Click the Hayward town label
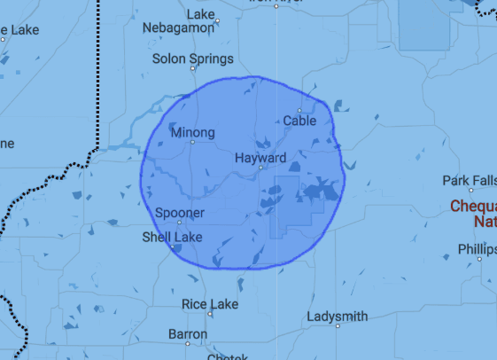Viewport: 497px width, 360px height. pyautogui.click(x=260, y=158)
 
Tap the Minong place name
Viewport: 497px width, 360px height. pyautogui.click(x=192, y=133)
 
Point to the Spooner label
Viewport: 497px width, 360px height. pyautogui.click(x=180, y=213)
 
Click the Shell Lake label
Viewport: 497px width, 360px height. pyautogui.click(x=172, y=237)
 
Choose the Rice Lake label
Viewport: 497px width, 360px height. pyautogui.click(x=209, y=303)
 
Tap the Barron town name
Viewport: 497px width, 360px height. pyautogui.click(x=188, y=334)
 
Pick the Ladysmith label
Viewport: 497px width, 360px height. pyautogui.click(x=337, y=316)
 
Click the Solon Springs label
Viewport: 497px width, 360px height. pyautogui.click(x=193, y=59)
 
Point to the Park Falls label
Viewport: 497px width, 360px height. pyautogui.click(x=470, y=181)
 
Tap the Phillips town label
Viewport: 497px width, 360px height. pyautogui.click(x=477, y=247)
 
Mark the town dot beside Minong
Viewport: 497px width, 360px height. pyautogui.click(x=192, y=142)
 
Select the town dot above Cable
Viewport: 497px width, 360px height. pyautogui.click(x=299, y=111)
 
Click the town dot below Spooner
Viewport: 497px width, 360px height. pyautogui.click(x=180, y=222)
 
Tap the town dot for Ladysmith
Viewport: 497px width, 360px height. pyautogui.click(x=338, y=325)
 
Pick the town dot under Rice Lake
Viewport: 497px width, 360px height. pyautogui.click(x=211, y=313)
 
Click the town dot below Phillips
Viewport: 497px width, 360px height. pyautogui.click(x=479, y=258)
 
